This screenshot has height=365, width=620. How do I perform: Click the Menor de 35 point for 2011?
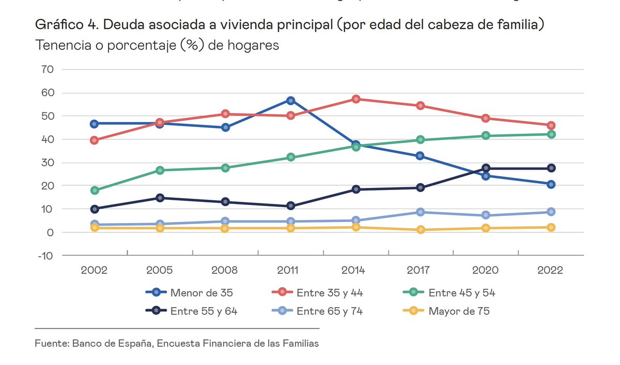[x=290, y=101]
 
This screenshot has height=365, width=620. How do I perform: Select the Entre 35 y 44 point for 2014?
[x=355, y=99]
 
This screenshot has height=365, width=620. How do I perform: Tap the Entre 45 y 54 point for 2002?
[x=95, y=191]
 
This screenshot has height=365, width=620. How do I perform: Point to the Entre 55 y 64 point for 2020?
[x=486, y=168]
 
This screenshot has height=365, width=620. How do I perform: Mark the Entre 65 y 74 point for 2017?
[x=421, y=212]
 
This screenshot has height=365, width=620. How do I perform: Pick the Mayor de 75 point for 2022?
[x=551, y=227]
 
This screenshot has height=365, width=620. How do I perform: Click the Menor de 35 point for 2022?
[x=551, y=184]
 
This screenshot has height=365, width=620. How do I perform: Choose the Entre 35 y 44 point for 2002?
[x=95, y=140]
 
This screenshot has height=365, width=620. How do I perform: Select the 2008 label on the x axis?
[x=225, y=271]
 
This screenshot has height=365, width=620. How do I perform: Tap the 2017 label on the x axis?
[x=421, y=271]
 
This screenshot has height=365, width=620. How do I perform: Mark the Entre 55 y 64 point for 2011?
[x=290, y=206]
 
